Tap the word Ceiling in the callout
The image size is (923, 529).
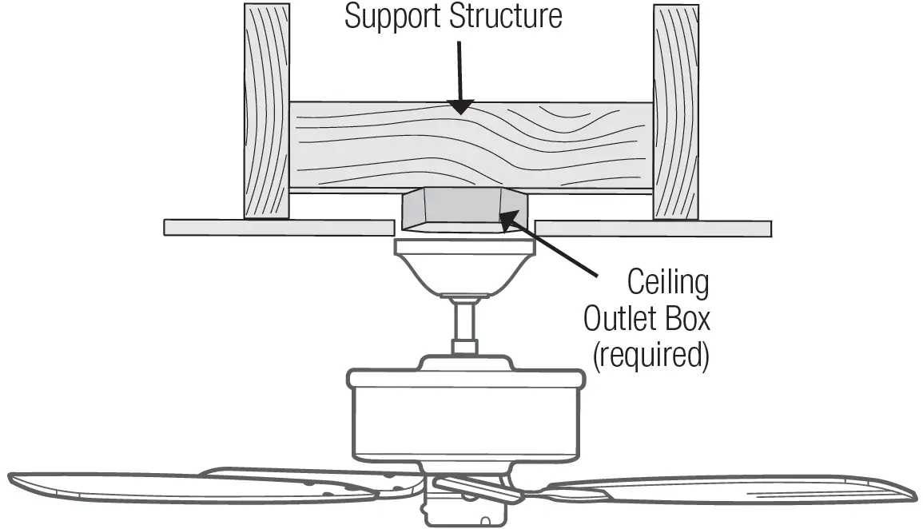668,284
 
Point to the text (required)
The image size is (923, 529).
650,356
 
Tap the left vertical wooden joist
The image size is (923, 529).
266,112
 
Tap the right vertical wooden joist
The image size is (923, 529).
676,112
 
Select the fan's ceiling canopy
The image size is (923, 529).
464,268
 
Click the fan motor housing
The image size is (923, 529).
464,416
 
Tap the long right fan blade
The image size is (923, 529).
735,491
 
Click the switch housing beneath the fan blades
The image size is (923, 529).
464,507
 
